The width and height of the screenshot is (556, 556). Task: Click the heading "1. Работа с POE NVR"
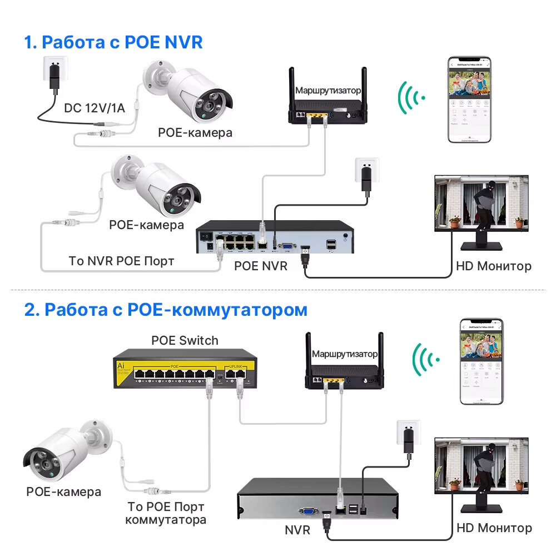113,42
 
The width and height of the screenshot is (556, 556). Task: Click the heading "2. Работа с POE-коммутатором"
166,309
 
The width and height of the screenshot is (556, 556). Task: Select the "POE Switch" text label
185,340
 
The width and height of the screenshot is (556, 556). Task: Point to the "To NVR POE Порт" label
121,260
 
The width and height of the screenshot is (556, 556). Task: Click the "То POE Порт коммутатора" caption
166,513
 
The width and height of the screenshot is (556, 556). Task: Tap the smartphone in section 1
470,100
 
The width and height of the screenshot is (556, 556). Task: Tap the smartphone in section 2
481,361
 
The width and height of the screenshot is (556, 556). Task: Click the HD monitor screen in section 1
481,203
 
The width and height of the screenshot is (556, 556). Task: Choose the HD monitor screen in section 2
481,465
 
